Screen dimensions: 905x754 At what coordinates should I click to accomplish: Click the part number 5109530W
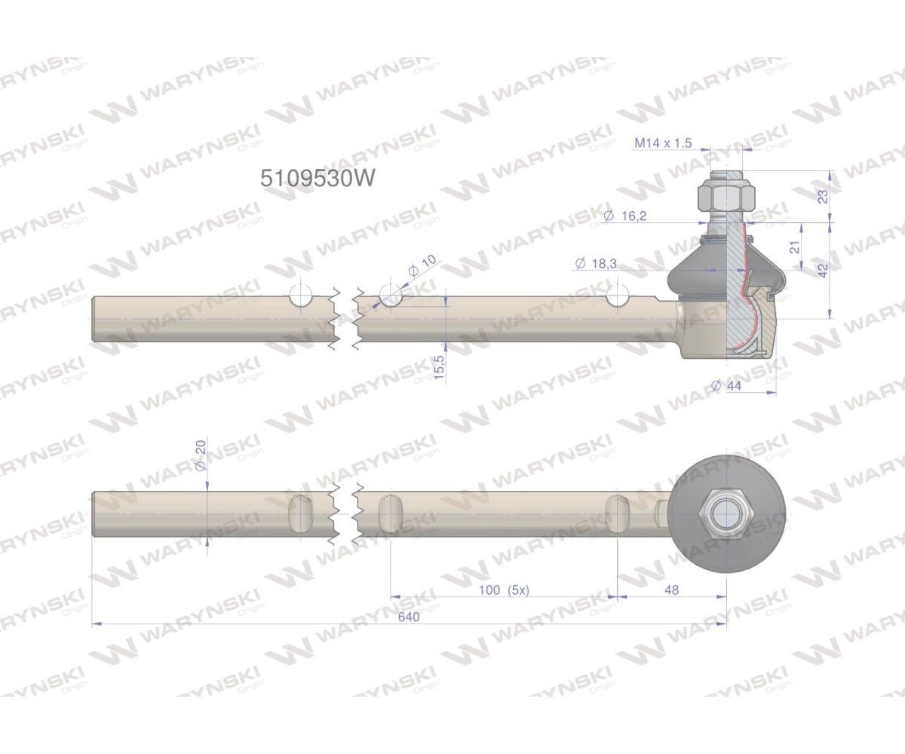pos(317,178)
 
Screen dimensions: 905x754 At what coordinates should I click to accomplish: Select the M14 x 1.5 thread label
pos(663,143)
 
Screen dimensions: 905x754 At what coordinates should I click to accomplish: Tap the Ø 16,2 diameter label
pos(624,216)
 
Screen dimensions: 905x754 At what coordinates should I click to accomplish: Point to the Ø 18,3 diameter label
pos(595,263)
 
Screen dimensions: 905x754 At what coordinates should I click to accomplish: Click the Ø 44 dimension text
pos(726,385)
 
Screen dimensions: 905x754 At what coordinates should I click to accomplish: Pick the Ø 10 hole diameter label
pos(422,265)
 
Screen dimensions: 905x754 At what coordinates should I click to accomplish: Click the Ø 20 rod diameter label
pos(201,455)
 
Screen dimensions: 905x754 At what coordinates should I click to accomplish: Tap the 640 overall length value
pos(409,617)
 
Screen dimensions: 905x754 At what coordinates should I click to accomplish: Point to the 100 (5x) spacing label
pos(504,590)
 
